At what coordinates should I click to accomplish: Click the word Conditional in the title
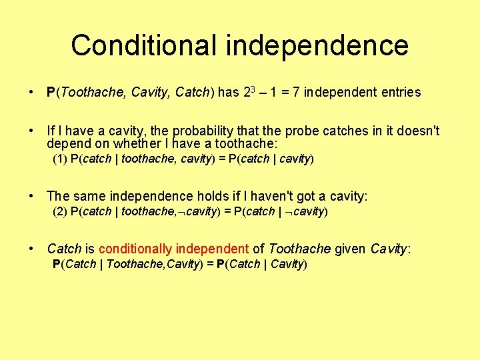[x=144, y=45]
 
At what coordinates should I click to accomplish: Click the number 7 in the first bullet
[x=296, y=93]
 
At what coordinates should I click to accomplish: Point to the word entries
[x=401, y=93]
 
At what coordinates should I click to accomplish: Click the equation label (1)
[x=60, y=159]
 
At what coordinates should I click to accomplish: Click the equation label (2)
[x=60, y=211]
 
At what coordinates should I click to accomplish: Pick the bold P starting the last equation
[x=56, y=264]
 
